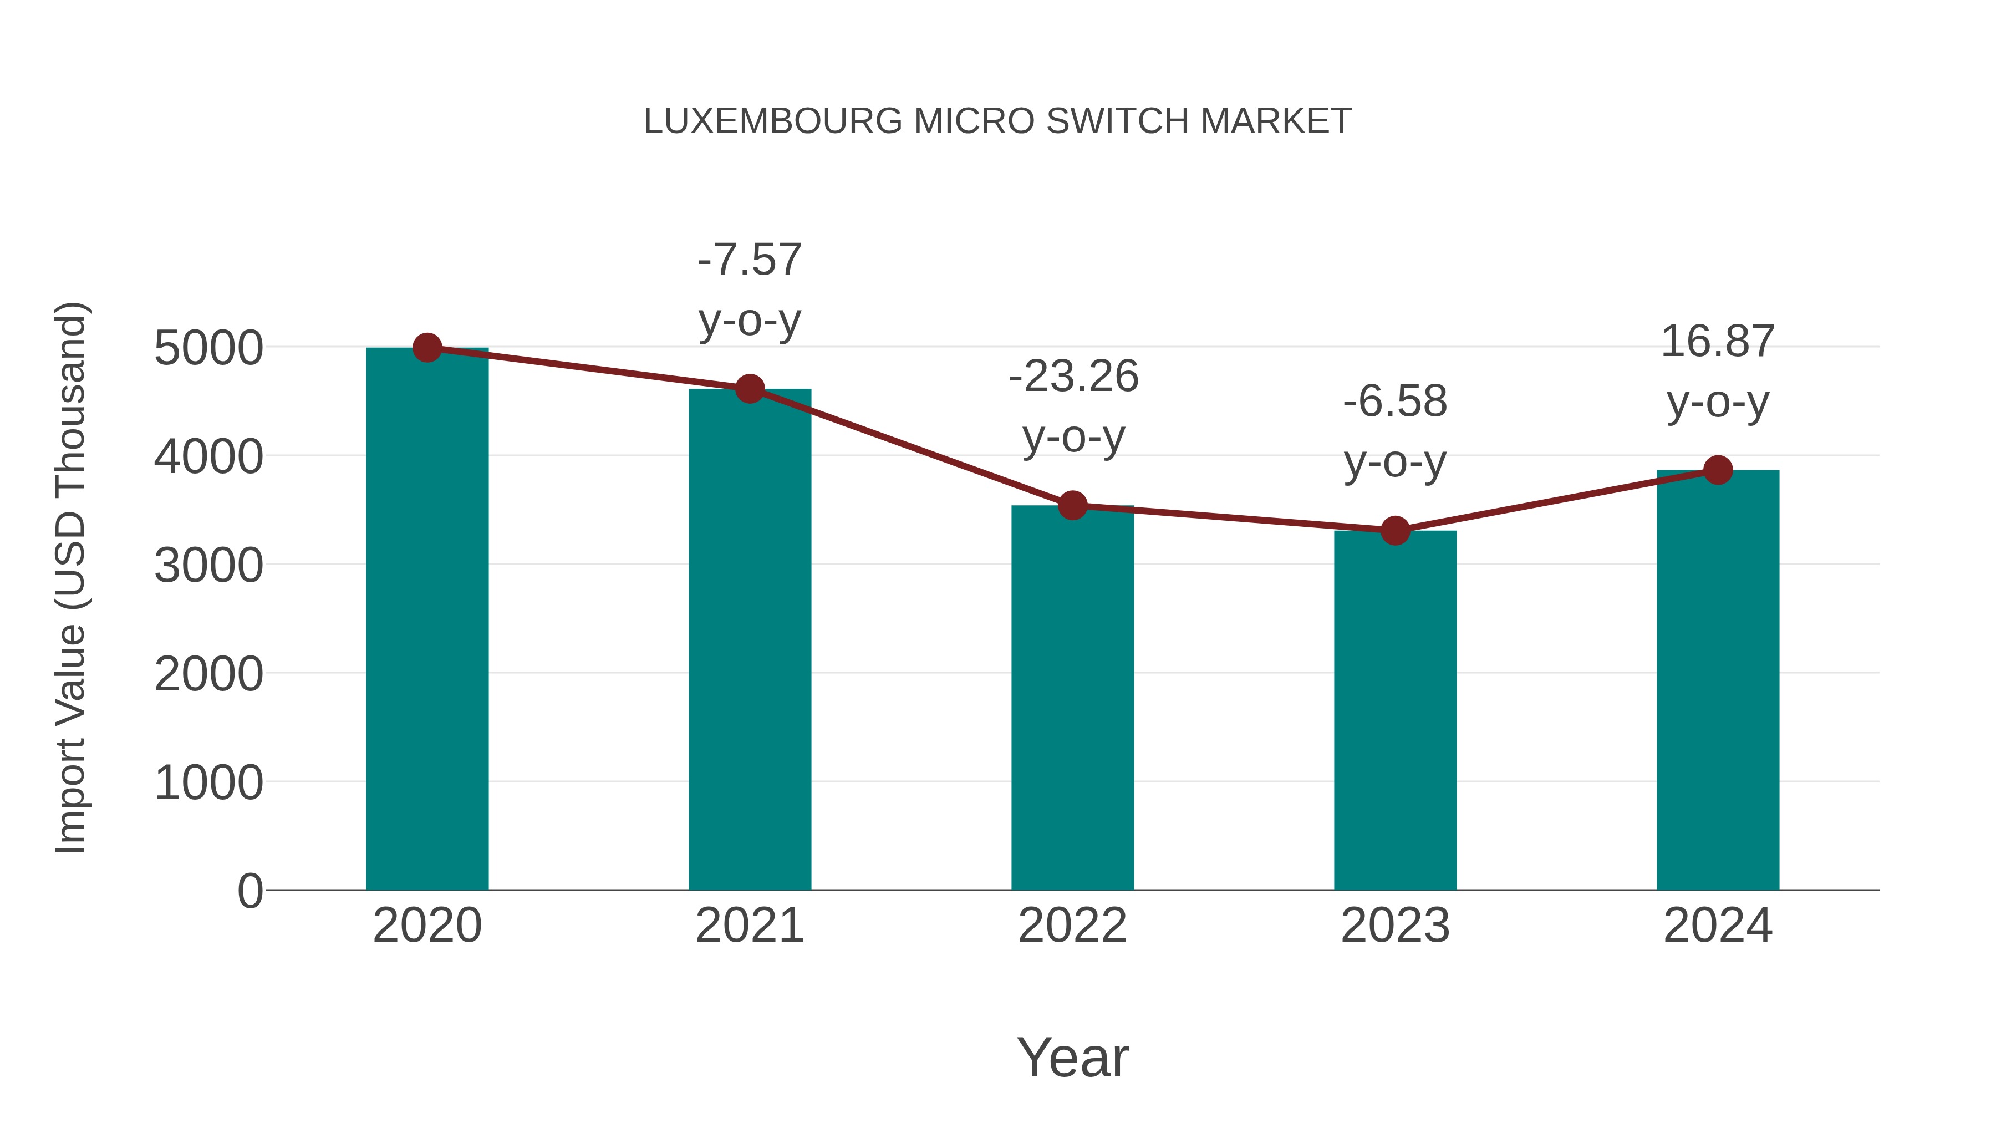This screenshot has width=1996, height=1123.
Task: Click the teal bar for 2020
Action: pyautogui.click(x=427, y=620)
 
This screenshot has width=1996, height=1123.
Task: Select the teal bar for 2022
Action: pyautogui.click(x=1072, y=698)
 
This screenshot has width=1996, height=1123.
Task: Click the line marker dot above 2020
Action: pyautogui.click(x=427, y=348)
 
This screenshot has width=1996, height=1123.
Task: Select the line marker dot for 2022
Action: pyautogui.click(x=1072, y=505)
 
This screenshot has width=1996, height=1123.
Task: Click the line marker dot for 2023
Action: pyautogui.click(x=1395, y=531)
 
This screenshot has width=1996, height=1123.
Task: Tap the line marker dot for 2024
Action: pyautogui.click(x=1718, y=470)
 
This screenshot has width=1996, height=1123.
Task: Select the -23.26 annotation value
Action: pyautogui.click(x=1073, y=377)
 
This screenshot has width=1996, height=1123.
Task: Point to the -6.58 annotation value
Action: pyautogui.click(x=1395, y=402)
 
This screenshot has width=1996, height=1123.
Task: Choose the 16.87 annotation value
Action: pyautogui.click(x=1718, y=341)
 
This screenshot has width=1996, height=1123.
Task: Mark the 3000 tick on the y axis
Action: pyautogui.click(x=208, y=566)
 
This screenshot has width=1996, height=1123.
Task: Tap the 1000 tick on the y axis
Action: pyautogui.click(x=208, y=782)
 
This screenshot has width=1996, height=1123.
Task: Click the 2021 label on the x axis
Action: pyautogui.click(x=749, y=926)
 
